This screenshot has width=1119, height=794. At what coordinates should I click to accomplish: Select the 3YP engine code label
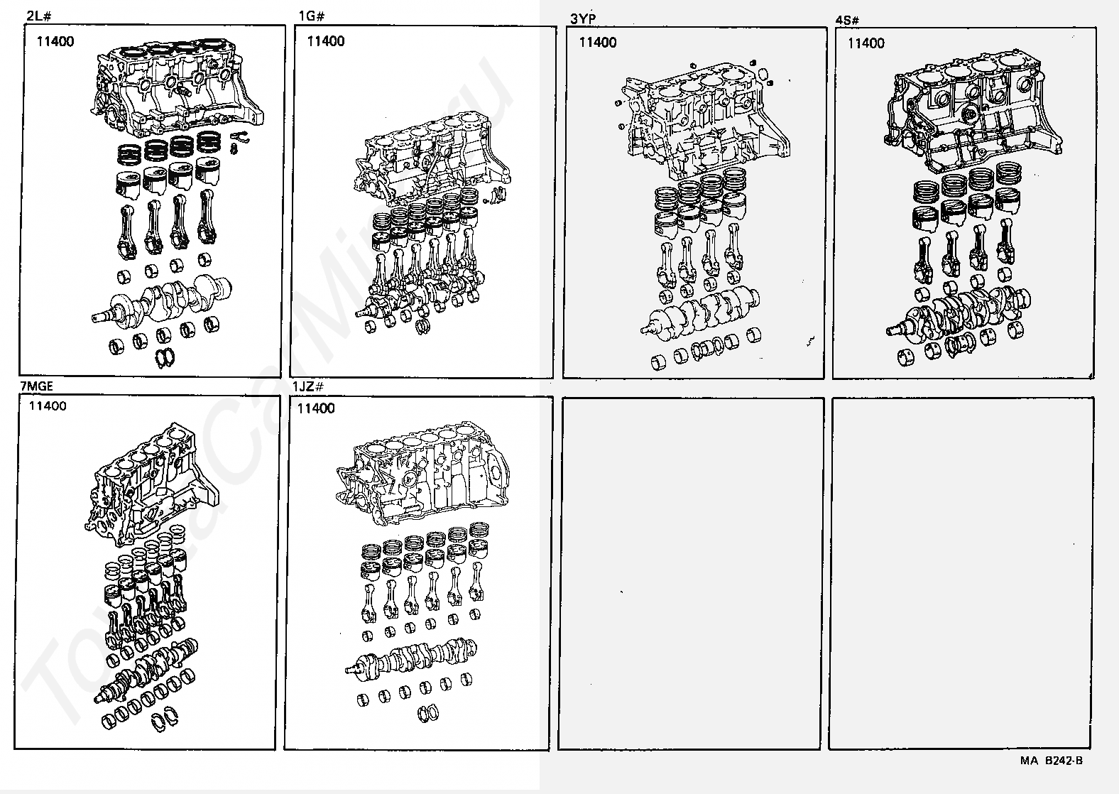click(x=582, y=18)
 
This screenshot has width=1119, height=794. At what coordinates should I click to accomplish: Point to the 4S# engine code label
click(x=848, y=20)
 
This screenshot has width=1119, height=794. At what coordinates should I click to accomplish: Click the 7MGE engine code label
click(x=36, y=386)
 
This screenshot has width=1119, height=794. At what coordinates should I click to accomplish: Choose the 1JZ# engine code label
click(x=308, y=386)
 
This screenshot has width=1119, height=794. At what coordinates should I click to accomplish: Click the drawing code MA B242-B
click(x=1051, y=761)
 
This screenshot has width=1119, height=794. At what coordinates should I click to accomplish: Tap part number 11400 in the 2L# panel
click(x=55, y=41)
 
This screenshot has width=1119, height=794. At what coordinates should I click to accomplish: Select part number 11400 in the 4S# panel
click(x=866, y=43)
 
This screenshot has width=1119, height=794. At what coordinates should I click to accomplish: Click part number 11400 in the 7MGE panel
click(x=48, y=406)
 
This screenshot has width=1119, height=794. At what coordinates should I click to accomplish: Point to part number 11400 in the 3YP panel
click(x=598, y=43)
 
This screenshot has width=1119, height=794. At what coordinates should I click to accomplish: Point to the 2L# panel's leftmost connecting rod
click(x=125, y=227)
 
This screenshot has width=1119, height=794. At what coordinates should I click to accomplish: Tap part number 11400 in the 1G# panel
click(x=326, y=41)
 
